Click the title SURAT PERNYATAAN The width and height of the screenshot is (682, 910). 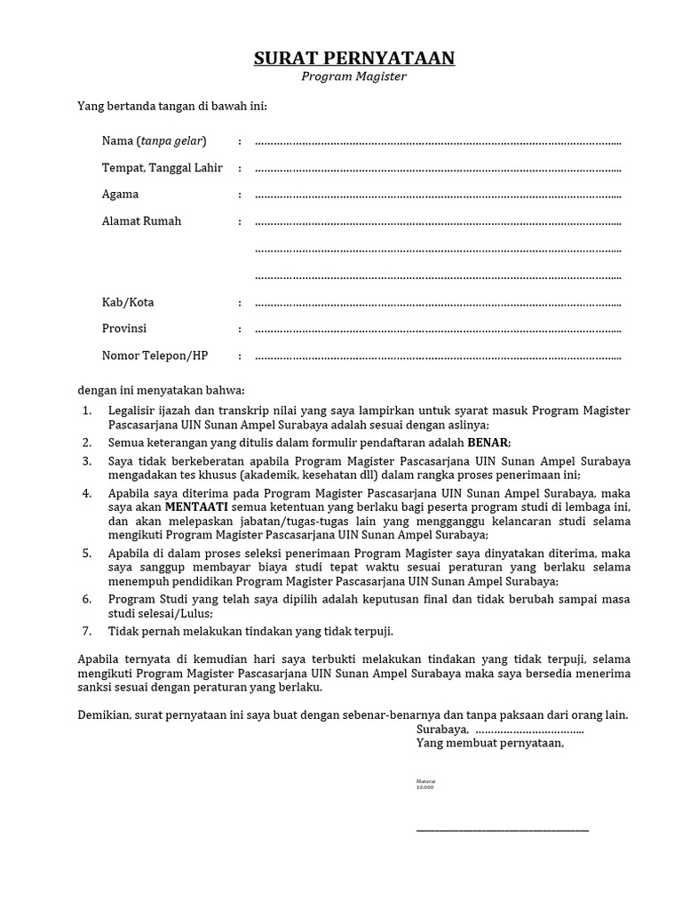pyautogui.click(x=354, y=59)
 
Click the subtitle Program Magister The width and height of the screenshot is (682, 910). pyautogui.click(x=353, y=77)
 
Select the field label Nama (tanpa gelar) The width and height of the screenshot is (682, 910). pyautogui.click(x=154, y=141)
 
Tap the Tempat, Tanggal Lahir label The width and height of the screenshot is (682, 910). pyautogui.click(x=162, y=168)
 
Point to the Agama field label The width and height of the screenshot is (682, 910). pyautogui.click(x=120, y=195)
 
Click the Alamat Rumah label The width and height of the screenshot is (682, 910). pyautogui.click(x=141, y=221)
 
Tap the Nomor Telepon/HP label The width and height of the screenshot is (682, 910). pyautogui.click(x=155, y=356)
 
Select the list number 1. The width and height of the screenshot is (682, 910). pyautogui.click(x=87, y=411)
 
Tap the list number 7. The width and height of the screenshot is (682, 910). pyautogui.click(x=87, y=631)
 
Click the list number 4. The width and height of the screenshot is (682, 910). pyautogui.click(x=87, y=492)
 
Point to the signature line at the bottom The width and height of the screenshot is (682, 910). pyautogui.click(x=502, y=830)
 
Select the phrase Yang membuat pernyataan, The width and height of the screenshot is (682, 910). pyautogui.click(x=489, y=743)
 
